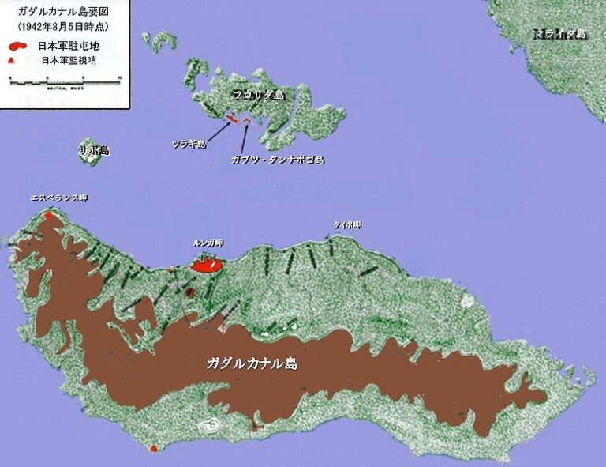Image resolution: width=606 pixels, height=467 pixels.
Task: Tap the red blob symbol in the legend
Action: coord(21,45)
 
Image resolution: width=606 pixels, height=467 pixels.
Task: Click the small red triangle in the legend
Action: coord(21,60)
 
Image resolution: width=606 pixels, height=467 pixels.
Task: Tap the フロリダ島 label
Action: coord(258,94)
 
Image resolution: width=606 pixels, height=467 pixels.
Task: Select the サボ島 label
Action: coord(93,149)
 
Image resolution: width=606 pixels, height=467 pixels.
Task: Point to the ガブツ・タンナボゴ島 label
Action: coord(278,160)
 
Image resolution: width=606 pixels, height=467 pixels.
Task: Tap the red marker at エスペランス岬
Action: coord(49,214)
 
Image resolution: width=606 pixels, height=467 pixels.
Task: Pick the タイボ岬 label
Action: coord(346,225)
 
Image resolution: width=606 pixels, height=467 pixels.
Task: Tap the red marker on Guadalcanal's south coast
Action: coord(154,448)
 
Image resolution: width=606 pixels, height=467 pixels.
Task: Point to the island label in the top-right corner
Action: coord(559,35)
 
